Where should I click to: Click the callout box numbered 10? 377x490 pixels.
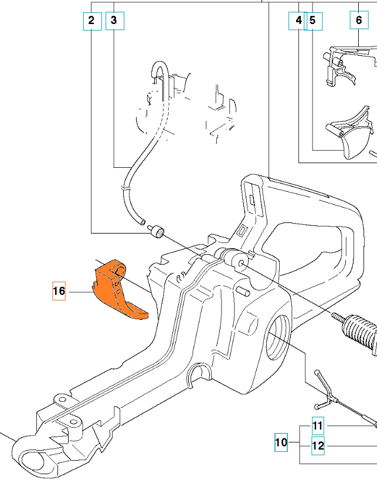[x=282, y=442]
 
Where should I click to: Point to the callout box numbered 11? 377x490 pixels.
[x=317, y=425]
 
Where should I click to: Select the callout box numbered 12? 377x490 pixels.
[x=317, y=445]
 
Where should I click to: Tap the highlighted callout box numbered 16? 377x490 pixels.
[x=59, y=291]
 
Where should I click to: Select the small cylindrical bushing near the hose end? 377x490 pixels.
[x=158, y=232]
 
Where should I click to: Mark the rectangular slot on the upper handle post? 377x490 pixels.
[x=251, y=194]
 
